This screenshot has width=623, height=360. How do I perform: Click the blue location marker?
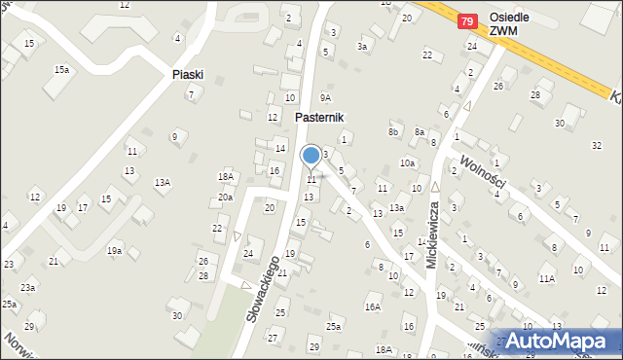(x=311, y=155)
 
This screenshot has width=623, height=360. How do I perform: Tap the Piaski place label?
(x=187, y=74)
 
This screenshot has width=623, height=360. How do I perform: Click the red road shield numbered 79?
(x=468, y=20)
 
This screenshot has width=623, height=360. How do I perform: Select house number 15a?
(x=62, y=70)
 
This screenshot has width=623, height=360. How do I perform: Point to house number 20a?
(x=225, y=198)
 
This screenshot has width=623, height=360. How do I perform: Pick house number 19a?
(x=115, y=251)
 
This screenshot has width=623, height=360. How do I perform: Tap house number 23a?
(x=28, y=288)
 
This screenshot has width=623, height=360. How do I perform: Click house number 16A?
(x=373, y=306)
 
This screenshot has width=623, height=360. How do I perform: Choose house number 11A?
(x=547, y=278)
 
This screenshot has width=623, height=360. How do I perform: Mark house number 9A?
(x=326, y=97)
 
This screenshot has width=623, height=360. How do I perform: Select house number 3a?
(x=364, y=46)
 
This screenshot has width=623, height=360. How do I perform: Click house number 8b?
(x=393, y=131)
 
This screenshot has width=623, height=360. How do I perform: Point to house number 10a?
(x=407, y=163)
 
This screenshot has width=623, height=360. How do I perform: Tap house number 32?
(x=597, y=145)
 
